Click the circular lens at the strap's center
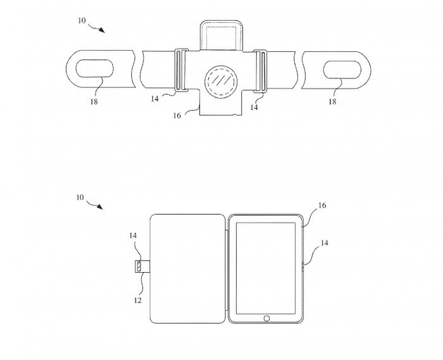(221, 82)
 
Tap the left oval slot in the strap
(95, 68)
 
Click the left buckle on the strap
(182, 70)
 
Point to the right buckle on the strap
(260, 71)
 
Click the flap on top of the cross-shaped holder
(220, 36)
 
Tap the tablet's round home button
(266, 318)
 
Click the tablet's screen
(266, 268)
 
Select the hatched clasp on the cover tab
(139, 266)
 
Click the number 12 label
(137, 301)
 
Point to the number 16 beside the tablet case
(322, 206)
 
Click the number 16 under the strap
(177, 116)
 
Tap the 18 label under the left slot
(94, 102)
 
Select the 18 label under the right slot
(332, 102)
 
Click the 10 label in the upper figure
(82, 21)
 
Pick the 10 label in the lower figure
(80, 197)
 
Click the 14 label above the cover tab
(133, 235)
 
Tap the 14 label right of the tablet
(324, 243)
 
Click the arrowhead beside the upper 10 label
(102, 30)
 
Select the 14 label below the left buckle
(154, 99)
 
